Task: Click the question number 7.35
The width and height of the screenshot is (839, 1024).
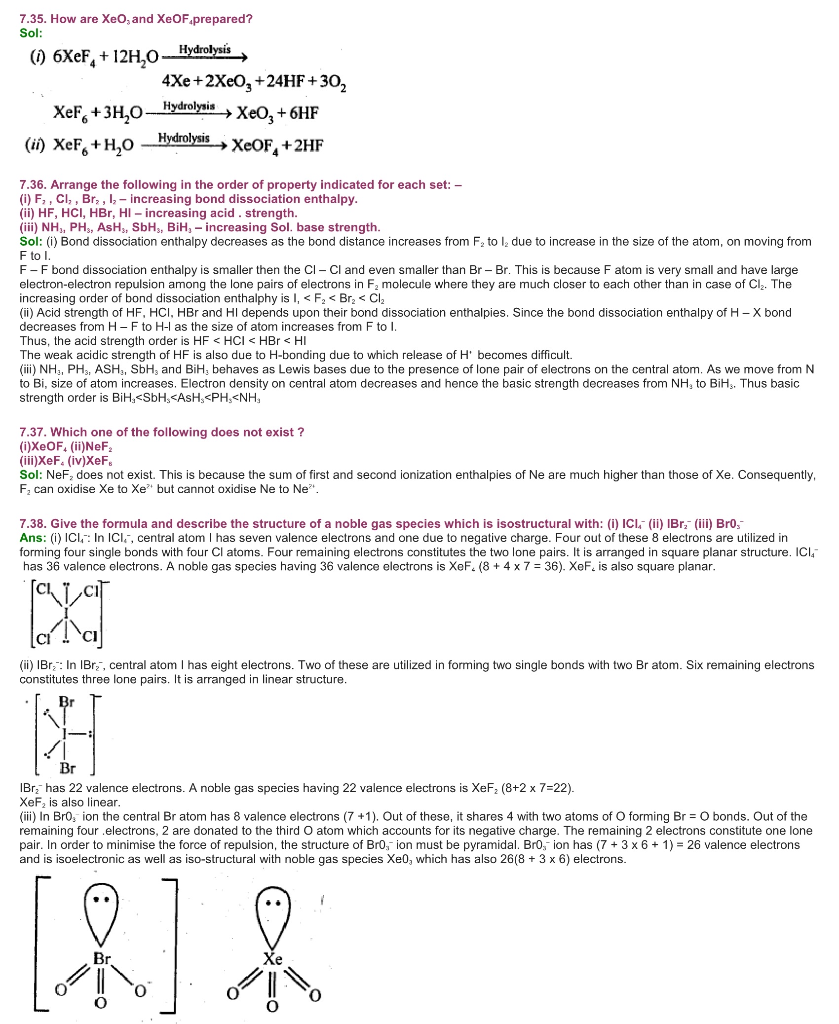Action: click(x=33, y=19)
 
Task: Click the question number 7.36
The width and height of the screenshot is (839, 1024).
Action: click(x=33, y=185)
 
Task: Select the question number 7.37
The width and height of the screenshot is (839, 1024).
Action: click(x=33, y=433)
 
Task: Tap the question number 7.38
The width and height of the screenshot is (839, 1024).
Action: click(x=33, y=524)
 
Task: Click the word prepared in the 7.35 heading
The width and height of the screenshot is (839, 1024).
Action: click(x=223, y=19)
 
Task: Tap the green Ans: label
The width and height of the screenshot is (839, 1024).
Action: click(x=33, y=538)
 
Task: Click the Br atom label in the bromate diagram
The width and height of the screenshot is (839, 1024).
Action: click(x=102, y=958)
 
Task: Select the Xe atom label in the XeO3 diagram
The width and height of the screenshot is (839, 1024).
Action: click(x=272, y=959)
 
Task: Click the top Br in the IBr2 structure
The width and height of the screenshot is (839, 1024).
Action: click(x=67, y=702)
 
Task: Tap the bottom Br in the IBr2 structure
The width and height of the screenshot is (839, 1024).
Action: click(x=68, y=768)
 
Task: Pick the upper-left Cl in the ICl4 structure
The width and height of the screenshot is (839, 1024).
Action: click(x=43, y=589)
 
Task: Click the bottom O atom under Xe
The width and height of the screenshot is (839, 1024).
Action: click(x=272, y=1006)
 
